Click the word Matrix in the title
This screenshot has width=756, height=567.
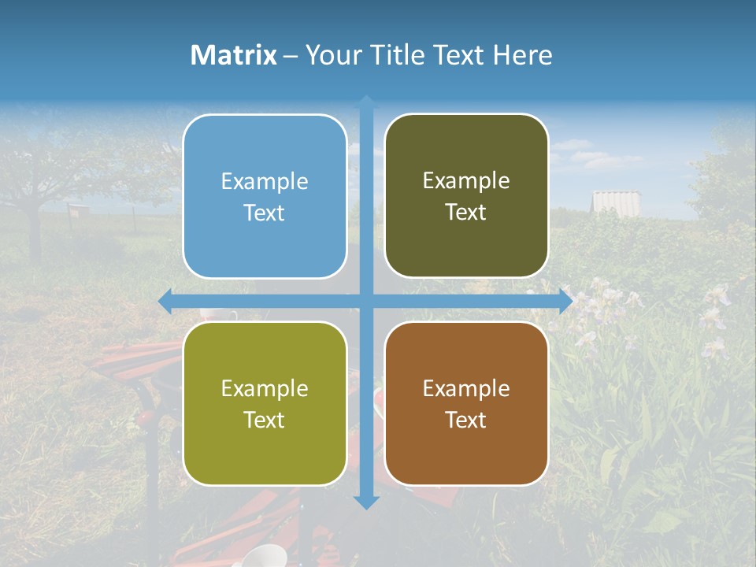coord(233,55)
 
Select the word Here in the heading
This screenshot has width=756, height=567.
coord(522,55)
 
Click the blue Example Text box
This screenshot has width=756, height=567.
coord(265,197)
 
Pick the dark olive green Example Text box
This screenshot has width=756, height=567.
coord(466,196)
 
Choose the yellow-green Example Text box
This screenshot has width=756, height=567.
coord(265,403)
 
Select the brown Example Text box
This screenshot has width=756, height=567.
coord(466,403)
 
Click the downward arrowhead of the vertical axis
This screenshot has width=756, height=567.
coord(366,502)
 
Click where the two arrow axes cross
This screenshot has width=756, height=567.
coord(366,301)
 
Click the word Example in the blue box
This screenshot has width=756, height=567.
coord(265,182)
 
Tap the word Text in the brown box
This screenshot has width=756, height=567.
coord(466,420)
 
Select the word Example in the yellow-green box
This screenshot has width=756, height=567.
coord(265,389)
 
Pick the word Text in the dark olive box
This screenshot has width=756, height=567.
coord(466,213)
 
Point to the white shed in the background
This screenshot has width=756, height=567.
coord(616,202)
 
